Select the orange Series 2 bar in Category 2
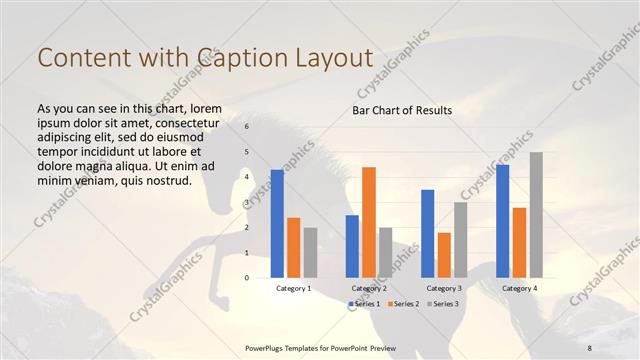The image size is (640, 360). point(368,222)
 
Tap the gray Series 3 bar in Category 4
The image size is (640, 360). point(536,215)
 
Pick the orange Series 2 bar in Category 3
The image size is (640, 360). point(443,255)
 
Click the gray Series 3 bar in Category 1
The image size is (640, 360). point(310,252)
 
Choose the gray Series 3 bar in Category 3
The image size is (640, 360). point(460,240)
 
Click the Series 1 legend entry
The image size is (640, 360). point(364,303)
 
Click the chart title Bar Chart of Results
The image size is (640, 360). point(402,110)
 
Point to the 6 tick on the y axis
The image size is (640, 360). point(246,127)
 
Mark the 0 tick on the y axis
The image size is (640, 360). point(246,278)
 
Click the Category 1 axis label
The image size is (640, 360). point(293,288)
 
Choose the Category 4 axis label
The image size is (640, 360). point(518,288)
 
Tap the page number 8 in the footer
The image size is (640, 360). point(589,347)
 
